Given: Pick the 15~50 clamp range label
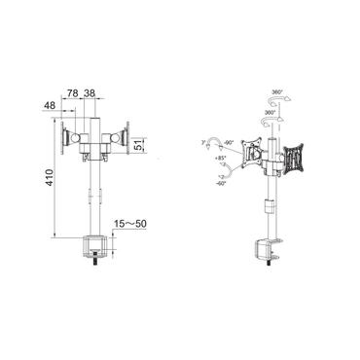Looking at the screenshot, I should click(128, 223).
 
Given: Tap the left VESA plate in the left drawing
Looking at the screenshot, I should click(68, 138).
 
